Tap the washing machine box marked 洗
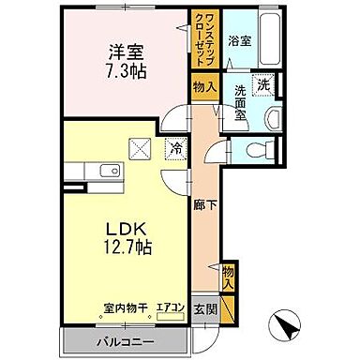[264, 85]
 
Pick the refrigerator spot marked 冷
[174, 147]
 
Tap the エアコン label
[169, 306]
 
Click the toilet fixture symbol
[258, 148]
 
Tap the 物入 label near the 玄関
[228, 274]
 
